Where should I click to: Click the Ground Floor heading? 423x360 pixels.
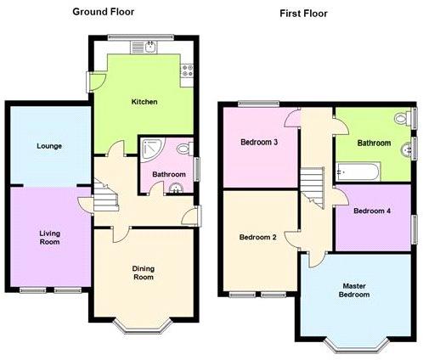pos(104,12)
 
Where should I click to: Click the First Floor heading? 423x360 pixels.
pos(303,14)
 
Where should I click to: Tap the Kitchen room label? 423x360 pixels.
pos(144,102)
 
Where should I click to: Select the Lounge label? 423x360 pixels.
pos(49,146)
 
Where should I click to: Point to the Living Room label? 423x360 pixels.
pos(49,238)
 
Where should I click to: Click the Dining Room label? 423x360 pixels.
pos(144,273)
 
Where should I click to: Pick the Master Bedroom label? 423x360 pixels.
pos(354,290)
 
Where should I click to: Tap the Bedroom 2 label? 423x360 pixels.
pos(257,237)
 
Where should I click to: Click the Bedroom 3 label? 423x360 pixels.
pos(259,142)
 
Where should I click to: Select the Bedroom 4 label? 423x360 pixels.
pos(372,211)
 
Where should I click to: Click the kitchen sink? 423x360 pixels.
pos(144,48)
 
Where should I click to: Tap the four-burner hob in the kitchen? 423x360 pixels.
pos(187,70)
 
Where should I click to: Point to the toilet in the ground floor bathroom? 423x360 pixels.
pos(185,149)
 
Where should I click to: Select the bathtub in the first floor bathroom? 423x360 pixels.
pos(358,172)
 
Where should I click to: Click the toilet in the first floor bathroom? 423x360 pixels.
pos(403,118)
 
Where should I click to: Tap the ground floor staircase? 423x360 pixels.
pos(105,195)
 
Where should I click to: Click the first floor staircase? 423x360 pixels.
pos(313,187)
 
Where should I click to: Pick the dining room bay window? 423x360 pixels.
pos(143,326)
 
